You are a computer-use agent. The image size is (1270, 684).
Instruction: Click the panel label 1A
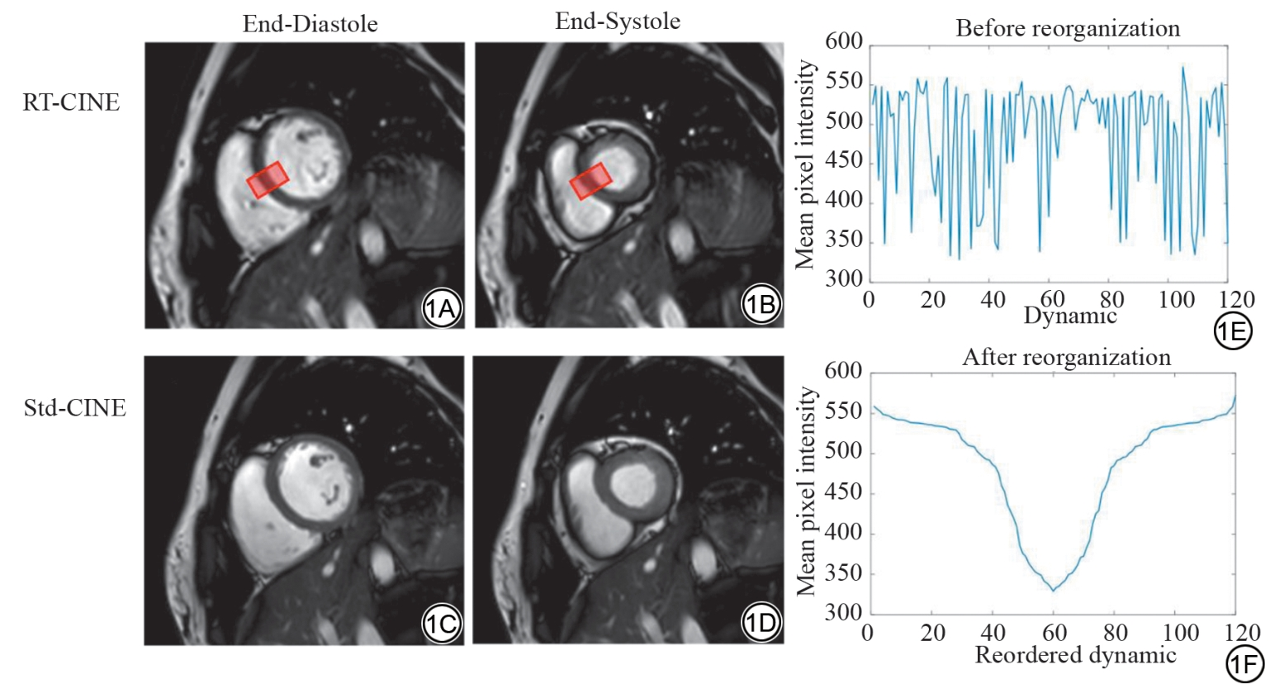441,308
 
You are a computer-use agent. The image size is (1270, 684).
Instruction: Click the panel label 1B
761,305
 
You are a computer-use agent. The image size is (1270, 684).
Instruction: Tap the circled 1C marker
441,624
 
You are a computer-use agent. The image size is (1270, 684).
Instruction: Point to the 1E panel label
1232,331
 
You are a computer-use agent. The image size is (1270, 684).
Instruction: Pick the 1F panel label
1244,663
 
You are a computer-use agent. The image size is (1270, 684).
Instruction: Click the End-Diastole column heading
310,24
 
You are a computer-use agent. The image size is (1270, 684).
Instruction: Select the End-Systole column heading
618,21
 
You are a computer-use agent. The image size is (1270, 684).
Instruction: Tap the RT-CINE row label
72,102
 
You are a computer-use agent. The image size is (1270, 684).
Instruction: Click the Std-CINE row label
75,407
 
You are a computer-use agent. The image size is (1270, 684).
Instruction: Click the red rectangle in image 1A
268,179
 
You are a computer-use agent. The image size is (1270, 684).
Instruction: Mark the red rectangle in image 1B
590,181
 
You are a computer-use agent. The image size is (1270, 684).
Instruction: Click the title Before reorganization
1067,29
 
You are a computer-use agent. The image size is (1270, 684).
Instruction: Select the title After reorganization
1066,357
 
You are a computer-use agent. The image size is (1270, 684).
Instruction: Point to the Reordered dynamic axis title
1075,655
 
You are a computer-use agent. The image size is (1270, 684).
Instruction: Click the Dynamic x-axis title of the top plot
1070,316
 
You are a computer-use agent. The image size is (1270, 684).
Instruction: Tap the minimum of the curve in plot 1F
1053,590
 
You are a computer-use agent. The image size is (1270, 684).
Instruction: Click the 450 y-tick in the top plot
844,161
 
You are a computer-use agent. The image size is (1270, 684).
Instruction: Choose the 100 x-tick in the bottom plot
1180,633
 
